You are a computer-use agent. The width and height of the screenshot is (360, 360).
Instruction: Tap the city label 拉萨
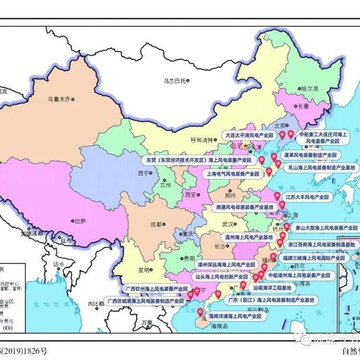point(80,220)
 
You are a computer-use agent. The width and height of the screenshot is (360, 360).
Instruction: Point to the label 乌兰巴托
point(174,80)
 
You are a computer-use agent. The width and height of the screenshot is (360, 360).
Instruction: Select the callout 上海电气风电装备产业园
point(232,174)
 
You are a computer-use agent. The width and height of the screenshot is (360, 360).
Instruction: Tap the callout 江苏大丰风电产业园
point(307,196)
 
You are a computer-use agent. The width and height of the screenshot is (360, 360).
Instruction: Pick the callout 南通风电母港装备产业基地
point(244,207)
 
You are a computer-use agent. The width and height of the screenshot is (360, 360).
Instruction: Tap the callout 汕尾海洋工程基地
point(272,288)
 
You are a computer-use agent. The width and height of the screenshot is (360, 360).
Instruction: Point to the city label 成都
point(156,224)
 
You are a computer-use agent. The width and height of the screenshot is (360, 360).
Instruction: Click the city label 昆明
point(144,270)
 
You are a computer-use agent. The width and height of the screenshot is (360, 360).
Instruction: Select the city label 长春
point(303,106)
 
